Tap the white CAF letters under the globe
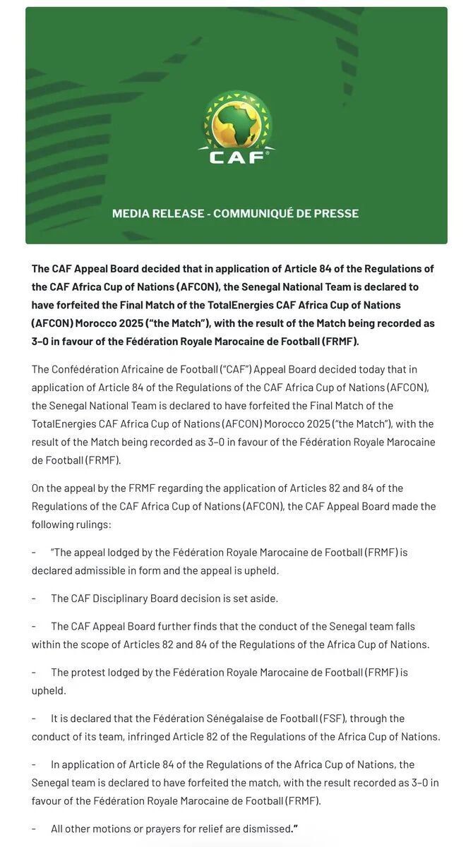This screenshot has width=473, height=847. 236,157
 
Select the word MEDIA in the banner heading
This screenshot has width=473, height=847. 132,213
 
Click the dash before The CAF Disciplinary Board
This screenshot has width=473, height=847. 34,598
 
